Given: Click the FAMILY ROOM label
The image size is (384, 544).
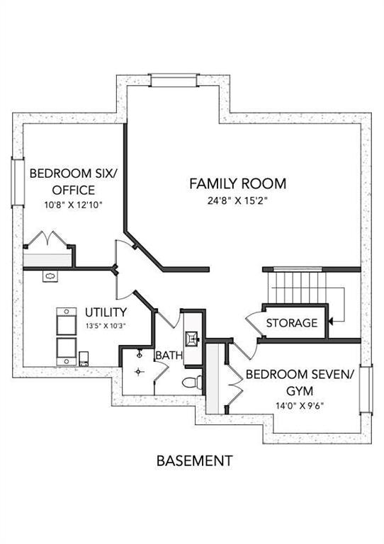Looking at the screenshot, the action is coord(237,183).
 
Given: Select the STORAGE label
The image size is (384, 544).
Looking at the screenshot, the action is coord(292,323).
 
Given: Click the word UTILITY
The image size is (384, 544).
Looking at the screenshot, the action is coord(106,312).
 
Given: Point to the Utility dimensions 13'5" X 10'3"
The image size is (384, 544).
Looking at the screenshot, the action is coord(106,326).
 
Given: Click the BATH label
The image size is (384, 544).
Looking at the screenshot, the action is coord(169,356).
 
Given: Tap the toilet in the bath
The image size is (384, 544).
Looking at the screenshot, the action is coord(192,382).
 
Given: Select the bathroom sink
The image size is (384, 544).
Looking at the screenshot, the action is coord(192,339).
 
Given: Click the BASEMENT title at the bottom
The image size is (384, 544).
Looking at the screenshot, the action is coord(194,460).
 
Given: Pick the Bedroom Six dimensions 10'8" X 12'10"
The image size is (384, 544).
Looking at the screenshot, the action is coord(73,205).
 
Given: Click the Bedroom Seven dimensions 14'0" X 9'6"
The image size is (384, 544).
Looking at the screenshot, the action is coord(300,405).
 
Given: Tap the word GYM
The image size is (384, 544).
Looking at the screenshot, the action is coord(300,391).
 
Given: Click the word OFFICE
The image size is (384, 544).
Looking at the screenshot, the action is coord(73,190).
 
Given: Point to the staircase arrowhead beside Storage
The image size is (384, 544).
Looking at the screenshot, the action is coord(331,322).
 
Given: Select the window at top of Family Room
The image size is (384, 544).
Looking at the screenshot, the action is coord(174,80).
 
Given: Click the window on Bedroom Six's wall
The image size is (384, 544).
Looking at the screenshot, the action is coord(18,183).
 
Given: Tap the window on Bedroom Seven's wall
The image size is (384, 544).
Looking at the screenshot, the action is coord(366,390).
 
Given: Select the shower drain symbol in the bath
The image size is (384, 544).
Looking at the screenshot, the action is coord(139,372).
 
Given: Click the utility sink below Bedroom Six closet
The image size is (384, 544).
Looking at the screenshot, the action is coord(50,276).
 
